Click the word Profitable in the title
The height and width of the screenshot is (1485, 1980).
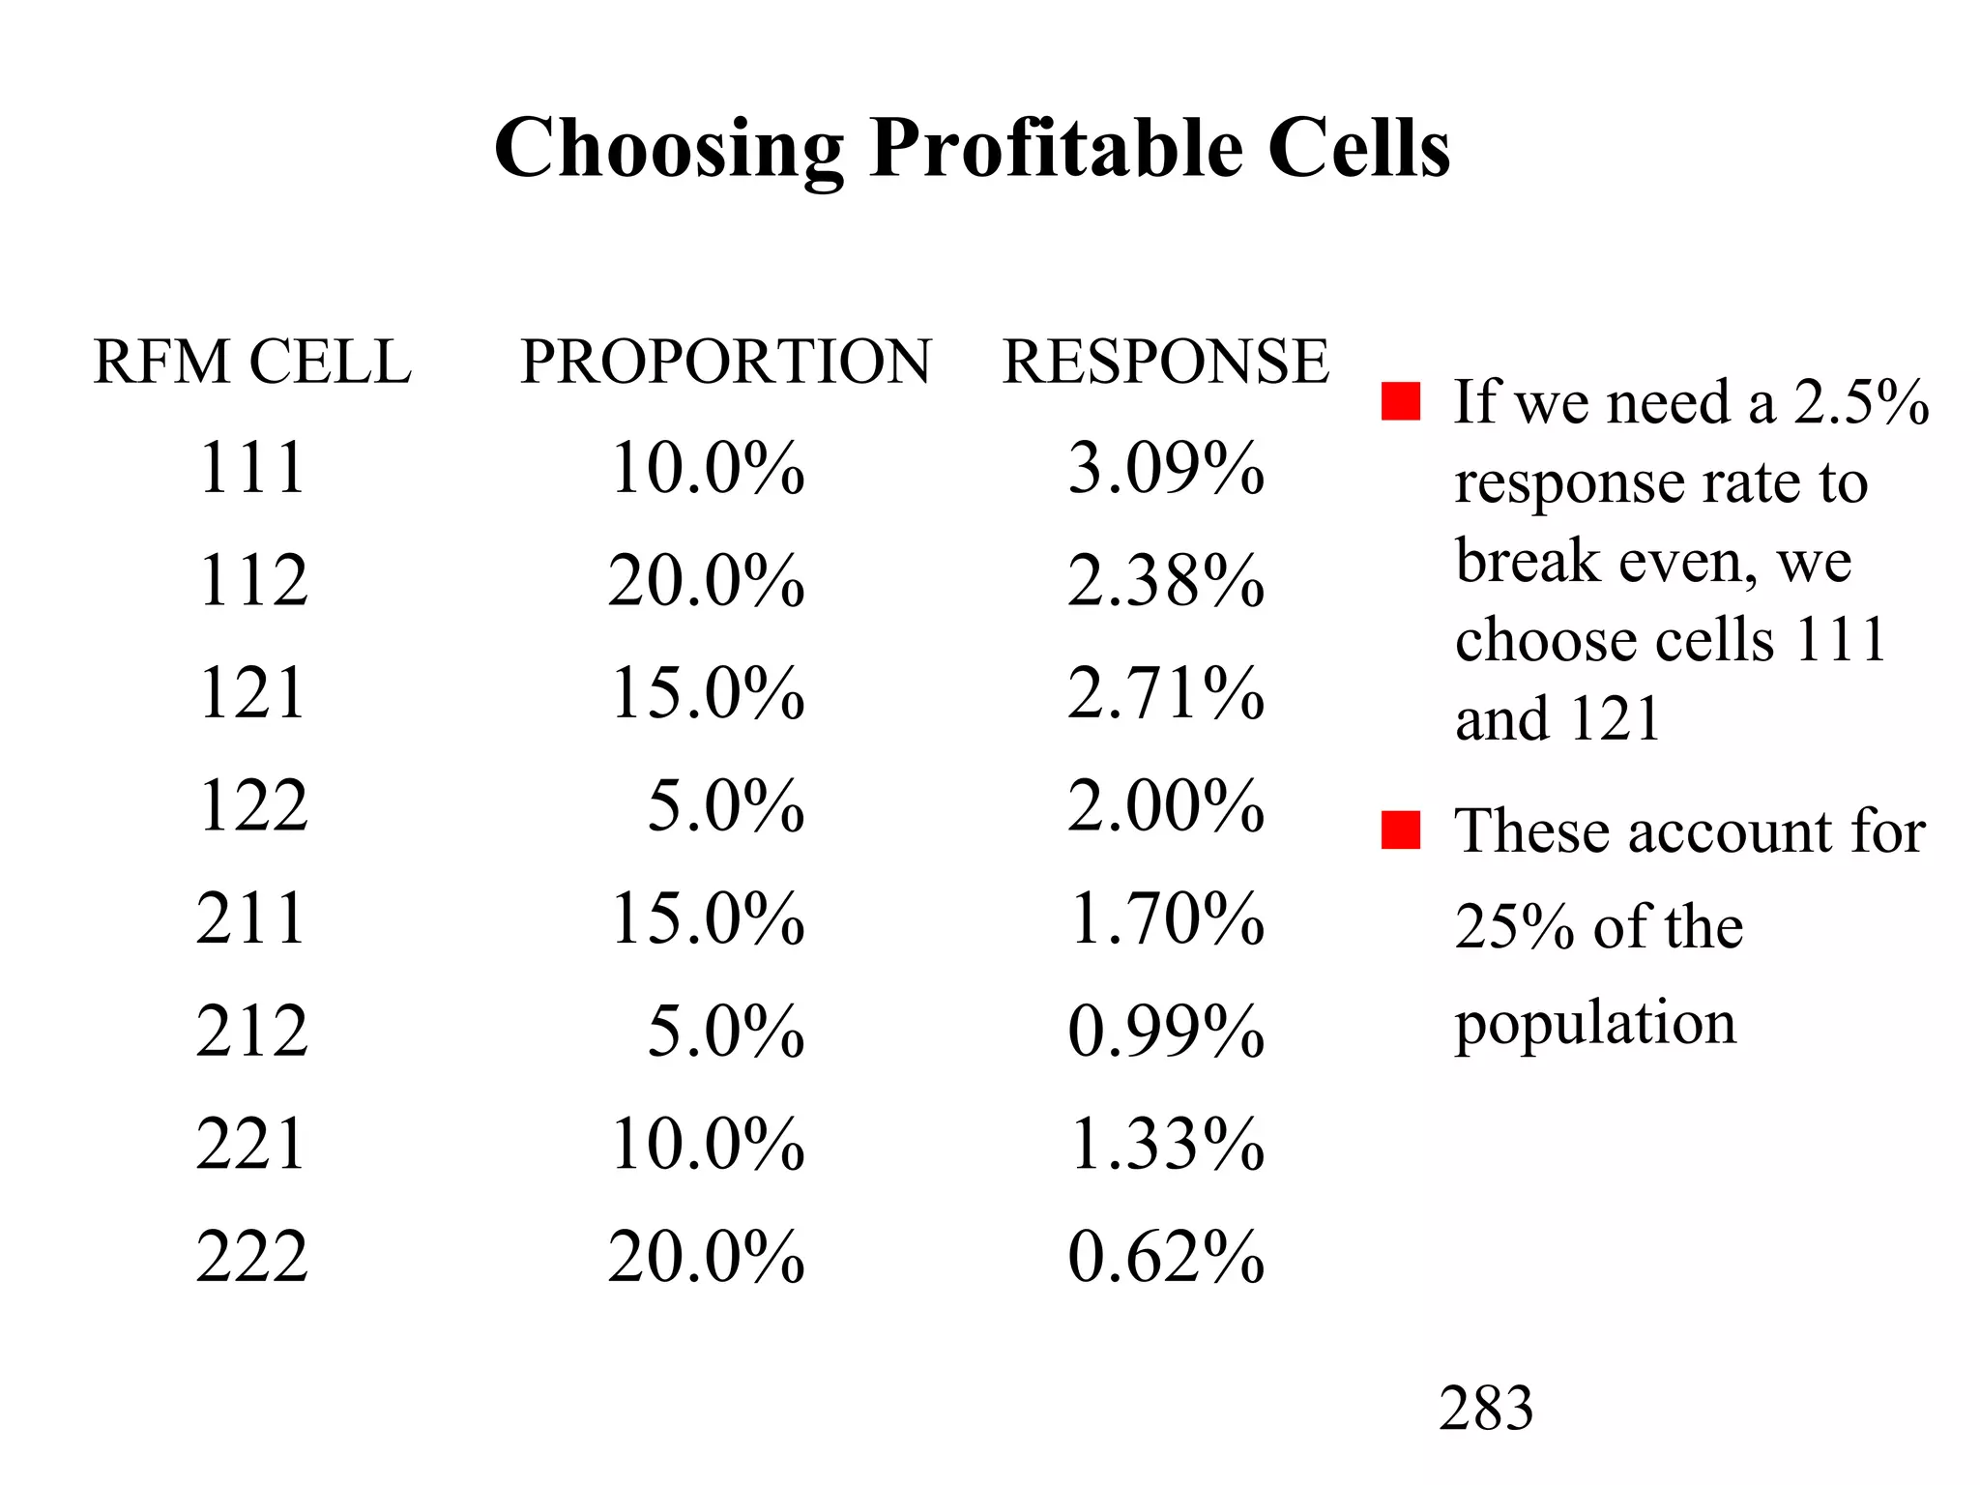1056,149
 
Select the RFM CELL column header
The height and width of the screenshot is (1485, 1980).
251,362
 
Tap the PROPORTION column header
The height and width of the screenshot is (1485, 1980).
725,362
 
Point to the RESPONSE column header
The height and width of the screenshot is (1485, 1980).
1166,362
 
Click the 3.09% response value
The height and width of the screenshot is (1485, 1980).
1166,469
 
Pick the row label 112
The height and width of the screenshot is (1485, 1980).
252,581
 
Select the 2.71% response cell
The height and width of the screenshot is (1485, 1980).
1166,694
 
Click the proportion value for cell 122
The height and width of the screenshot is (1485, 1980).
725,806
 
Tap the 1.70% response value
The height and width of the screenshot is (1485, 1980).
1166,918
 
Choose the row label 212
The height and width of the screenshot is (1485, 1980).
252,1031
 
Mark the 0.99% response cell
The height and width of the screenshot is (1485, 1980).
1166,1031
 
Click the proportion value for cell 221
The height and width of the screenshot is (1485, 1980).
707,1144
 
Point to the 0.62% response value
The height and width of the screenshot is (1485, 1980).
1166,1257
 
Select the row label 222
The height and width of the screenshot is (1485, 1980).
252,1257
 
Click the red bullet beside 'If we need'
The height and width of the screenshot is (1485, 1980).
1401,401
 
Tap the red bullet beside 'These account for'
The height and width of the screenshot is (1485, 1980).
1401,830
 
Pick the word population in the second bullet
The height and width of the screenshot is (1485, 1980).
1595,1023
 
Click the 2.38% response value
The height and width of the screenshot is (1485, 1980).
1166,581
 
